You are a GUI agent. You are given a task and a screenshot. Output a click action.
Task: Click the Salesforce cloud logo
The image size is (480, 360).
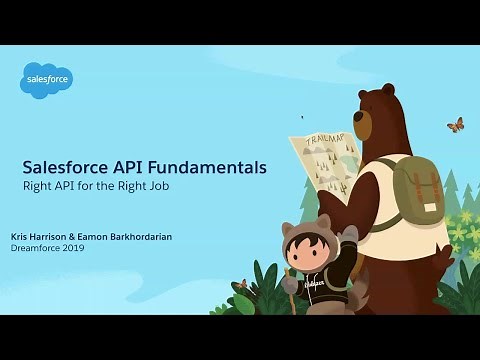tap(46, 79)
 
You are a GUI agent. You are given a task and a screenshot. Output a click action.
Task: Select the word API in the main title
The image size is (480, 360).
tap(127, 168)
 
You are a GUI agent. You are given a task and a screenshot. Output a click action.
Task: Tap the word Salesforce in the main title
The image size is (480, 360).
tap(66, 168)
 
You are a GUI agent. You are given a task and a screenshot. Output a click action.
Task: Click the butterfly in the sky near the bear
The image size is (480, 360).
tap(455, 125)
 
